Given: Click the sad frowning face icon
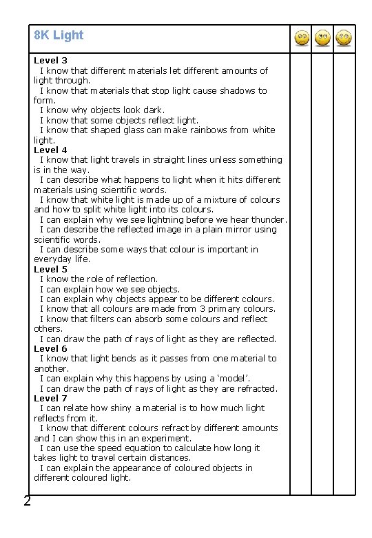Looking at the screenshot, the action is tap(301, 38).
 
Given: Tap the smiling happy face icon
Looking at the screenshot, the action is tap(343, 38).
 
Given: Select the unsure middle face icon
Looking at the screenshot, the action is tap(322, 38).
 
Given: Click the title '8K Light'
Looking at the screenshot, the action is tap(59, 35).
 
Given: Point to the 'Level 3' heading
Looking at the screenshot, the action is tap(50, 61).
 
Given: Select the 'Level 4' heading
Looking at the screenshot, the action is tap(50, 150).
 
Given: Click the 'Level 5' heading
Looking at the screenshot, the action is tap(50, 269).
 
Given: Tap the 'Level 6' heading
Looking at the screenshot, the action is tap(50, 348).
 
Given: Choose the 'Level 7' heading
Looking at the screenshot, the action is tap(50, 398).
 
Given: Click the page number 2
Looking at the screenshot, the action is tap(27, 501).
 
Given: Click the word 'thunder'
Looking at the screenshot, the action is tap(267, 219).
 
